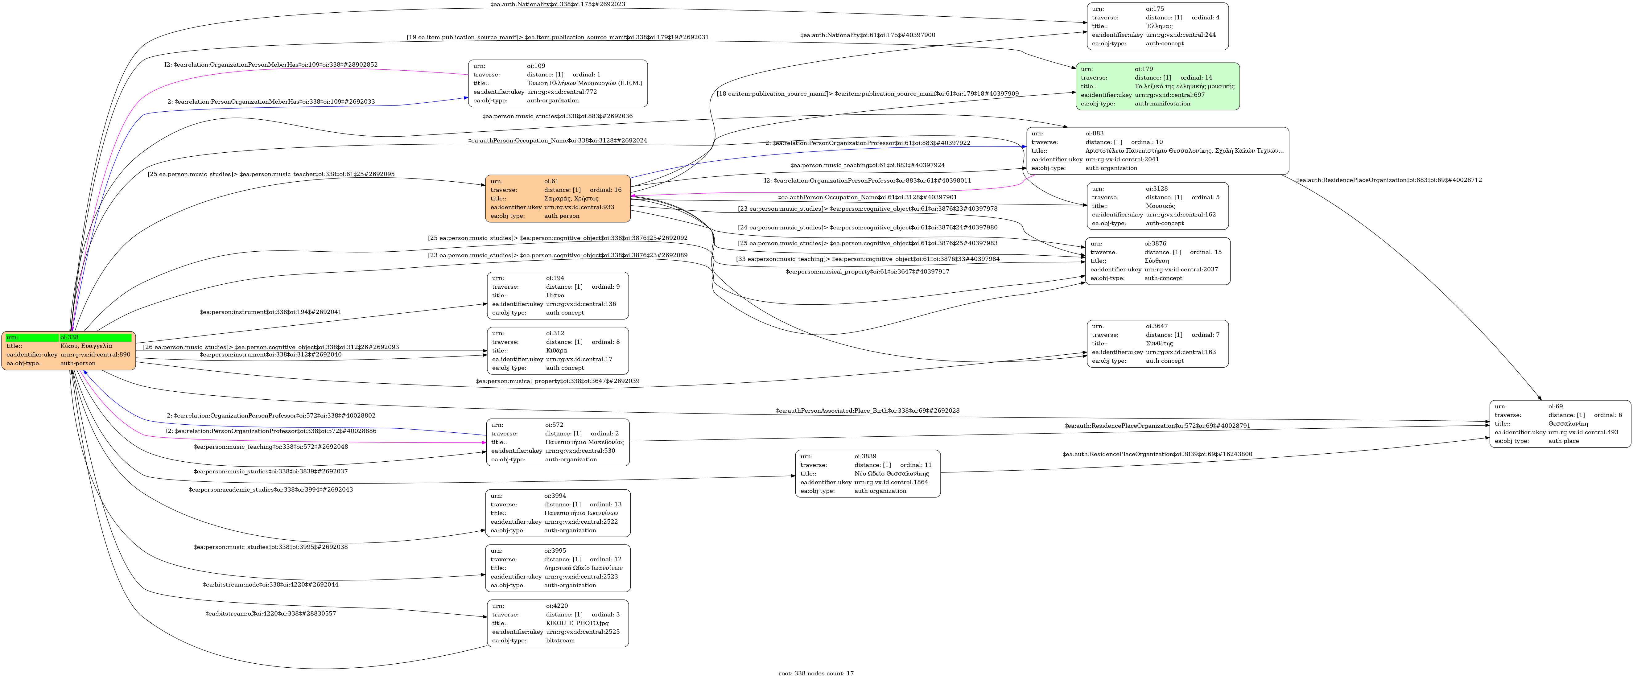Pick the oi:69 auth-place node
(1560, 423)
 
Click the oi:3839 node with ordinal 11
(867, 473)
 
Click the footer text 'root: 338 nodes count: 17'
(816, 673)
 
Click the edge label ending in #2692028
(867, 411)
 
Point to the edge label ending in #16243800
(1157, 454)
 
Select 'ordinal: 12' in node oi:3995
(605, 559)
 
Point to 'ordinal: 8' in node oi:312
(605, 342)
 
